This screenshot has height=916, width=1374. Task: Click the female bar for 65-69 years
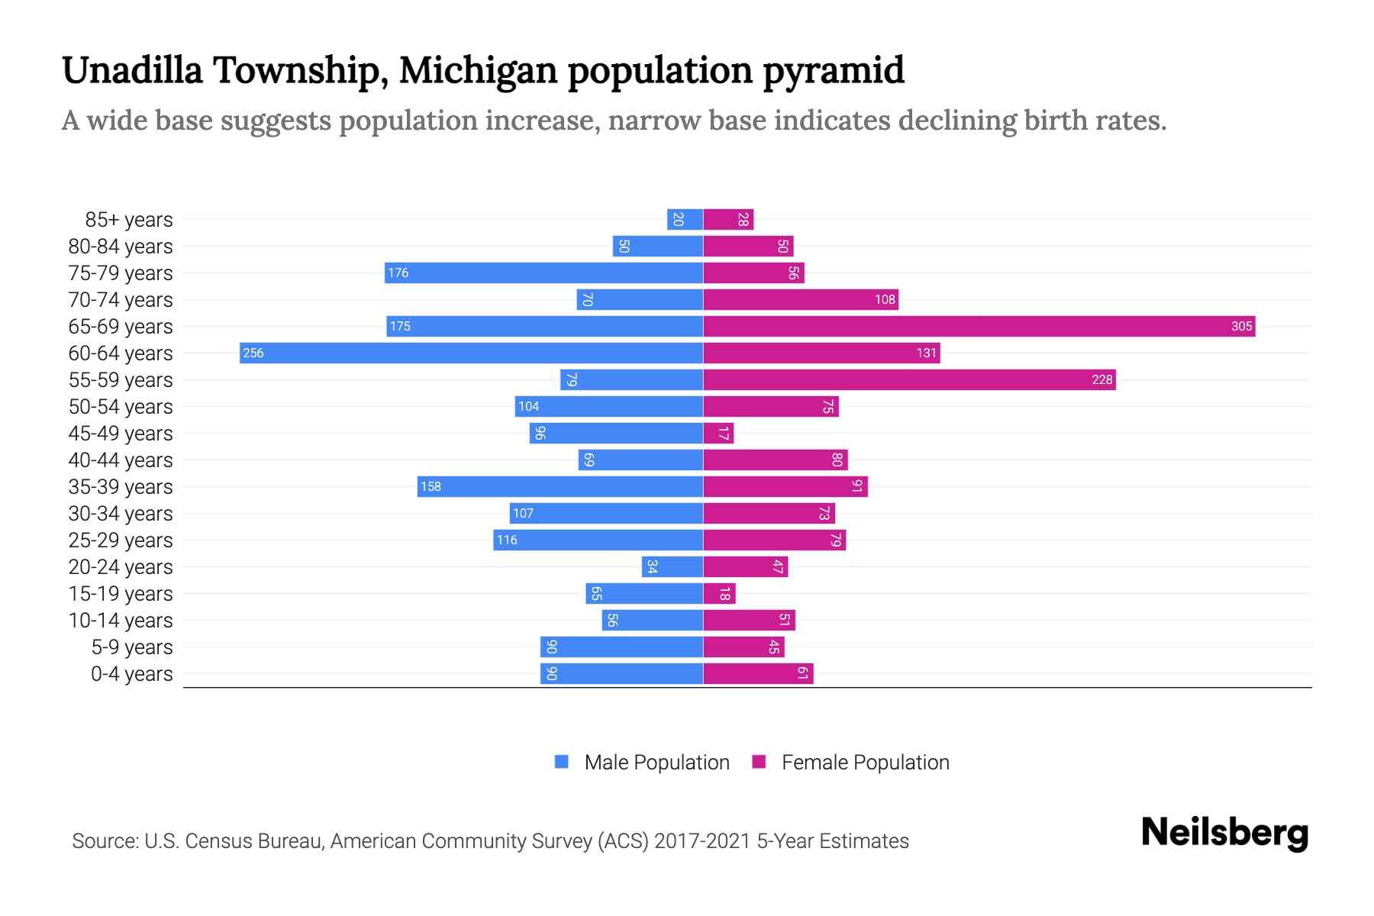point(979,327)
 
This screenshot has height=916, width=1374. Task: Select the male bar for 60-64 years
point(471,353)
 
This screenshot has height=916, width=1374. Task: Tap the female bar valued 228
point(908,380)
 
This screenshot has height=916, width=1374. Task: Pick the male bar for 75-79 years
point(543,273)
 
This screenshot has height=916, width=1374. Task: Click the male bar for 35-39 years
point(560,487)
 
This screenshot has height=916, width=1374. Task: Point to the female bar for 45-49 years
point(718,434)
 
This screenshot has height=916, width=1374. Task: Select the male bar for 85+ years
point(685,220)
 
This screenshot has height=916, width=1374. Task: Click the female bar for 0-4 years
point(758,674)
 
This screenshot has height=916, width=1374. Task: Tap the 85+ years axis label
point(129,220)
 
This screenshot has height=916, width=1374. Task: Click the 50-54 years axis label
point(121,407)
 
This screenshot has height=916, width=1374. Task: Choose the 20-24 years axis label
point(121,567)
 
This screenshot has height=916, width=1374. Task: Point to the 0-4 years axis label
point(132,674)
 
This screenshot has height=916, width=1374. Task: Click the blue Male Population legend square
point(562,762)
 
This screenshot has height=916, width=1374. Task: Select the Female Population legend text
point(866,763)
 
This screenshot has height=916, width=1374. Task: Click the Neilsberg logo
point(1224,833)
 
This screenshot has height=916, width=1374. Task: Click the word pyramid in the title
point(834,70)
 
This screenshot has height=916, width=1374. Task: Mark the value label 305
point(1241,327)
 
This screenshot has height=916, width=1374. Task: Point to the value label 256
point(253,353)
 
